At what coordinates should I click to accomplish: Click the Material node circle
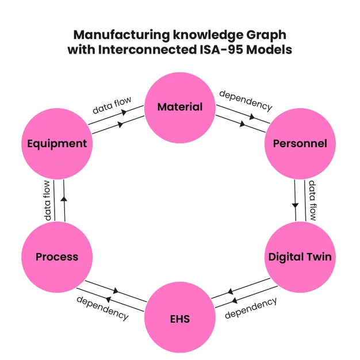point(180,107)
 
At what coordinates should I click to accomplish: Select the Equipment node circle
point(57,143)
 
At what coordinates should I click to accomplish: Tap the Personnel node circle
point(300,143)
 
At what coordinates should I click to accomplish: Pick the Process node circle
point(57,256)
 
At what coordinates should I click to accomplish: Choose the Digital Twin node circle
point(300,256)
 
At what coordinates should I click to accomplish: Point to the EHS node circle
point(180,318)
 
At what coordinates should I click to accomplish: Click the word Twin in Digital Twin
point(319,256)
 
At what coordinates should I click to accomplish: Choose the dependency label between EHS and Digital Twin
point(251,309)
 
